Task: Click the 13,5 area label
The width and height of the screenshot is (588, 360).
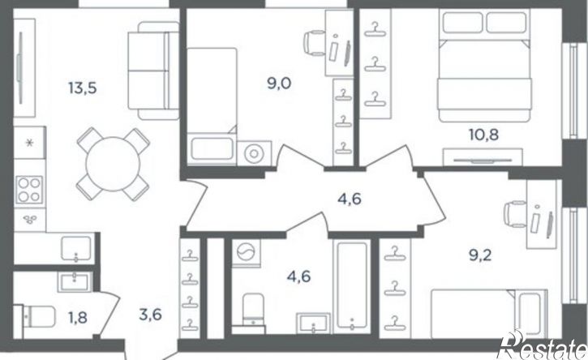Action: click(x=83, y=88)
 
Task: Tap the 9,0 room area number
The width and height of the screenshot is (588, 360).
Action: click(x=279, y=84)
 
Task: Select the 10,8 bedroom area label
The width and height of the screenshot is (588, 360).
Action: click(x=483, y=135)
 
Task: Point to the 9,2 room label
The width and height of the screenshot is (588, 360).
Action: click(x=480, y=255)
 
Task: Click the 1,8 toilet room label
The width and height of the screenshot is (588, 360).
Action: click(x=78, y=318)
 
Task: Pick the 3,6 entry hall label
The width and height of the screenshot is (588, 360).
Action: click(x=150, y=315)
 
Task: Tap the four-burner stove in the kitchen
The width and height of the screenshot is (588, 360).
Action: click(x=30, y=190)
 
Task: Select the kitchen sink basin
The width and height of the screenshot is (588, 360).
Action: click(x=76, y=248)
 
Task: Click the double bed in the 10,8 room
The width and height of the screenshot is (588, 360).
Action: click(x=484, y=66)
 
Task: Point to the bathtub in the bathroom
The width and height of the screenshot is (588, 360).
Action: click(x=352, y=286)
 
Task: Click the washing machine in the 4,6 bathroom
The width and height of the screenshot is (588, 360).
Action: click(x=246, y=253)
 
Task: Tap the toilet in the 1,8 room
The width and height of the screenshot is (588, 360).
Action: click(x=36, y=317)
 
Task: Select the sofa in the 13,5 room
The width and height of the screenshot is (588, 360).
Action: click(x=153, y=71)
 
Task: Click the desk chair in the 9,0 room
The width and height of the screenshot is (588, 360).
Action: click(x=314, y=43)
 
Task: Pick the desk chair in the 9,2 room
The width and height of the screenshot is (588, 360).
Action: click(x=515, y=214)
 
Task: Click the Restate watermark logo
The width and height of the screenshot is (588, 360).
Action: click(x=543, y=345)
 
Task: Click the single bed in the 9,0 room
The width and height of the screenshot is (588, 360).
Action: click(x=212, y=106)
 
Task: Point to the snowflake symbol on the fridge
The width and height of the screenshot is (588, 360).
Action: click(x=29, y=143)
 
